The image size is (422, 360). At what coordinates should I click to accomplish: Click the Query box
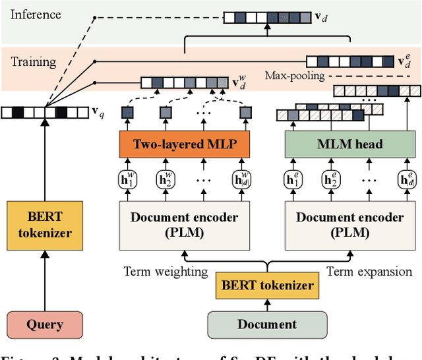click(x=45, y=324)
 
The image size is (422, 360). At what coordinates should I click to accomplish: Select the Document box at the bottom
click(x=268, y=324)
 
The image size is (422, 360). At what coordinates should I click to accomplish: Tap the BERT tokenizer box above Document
click(x=268, y=285)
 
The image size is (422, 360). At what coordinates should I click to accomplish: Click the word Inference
click(x=36, y=14)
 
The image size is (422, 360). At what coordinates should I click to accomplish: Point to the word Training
click(x=34, y=62)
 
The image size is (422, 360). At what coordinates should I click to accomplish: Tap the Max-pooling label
click(x=295, y=76)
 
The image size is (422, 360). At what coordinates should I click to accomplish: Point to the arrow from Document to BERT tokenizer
click(x=268, y=303)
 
